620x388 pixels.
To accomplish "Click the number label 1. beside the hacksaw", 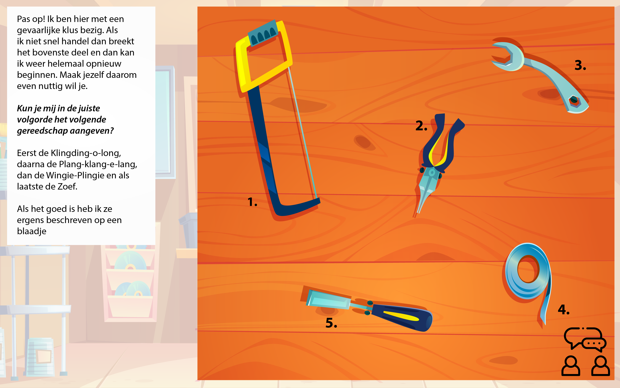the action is (x=252, y=202).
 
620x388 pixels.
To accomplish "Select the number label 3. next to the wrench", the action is (x=580, y=65).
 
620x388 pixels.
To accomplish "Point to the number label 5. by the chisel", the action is (x=331, y=323).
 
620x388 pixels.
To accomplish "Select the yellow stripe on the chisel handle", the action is (x=401, y=316).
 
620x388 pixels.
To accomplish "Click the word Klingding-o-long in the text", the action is (x=86, y=153).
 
